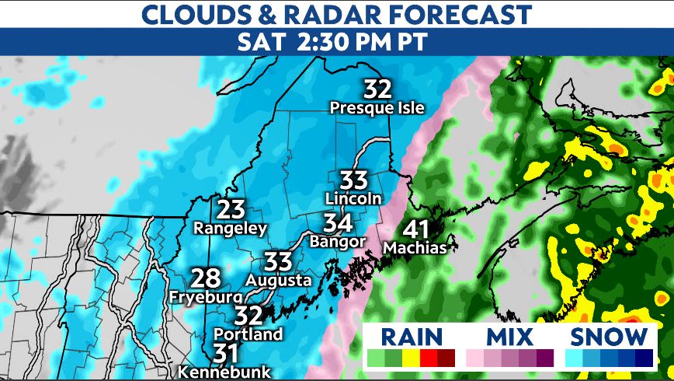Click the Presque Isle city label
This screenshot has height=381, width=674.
click(377, 108)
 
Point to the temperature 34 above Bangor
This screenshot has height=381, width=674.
click(339, 224)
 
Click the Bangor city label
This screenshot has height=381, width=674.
click(337, 241)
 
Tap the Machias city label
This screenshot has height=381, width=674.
click(415, 249)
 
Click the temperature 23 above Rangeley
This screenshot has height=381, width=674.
click(231, 210)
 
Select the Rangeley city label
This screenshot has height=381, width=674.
click(230, 229)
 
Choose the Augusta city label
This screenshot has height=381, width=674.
click(279, 280)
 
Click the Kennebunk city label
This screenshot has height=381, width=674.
click(224, 372)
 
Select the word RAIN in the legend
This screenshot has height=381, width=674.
click(411, 337)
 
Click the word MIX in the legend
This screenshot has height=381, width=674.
click(509, 337)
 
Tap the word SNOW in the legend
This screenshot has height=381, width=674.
click(609, 337)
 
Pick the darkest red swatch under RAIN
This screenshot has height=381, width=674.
click(446, 358)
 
